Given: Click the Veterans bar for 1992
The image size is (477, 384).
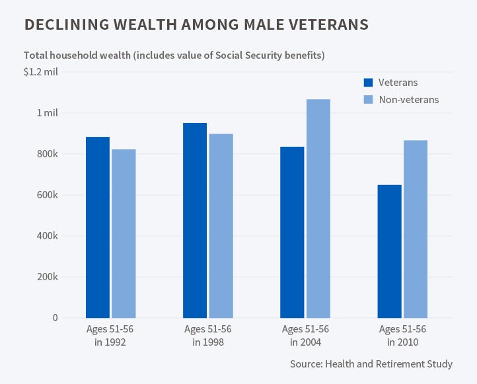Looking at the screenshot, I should [98, 227].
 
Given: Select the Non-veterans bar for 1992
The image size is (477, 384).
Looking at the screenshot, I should [124, 233].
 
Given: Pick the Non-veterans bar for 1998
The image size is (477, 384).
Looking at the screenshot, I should [221, 225].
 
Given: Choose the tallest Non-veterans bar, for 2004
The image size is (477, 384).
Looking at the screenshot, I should [318, 208].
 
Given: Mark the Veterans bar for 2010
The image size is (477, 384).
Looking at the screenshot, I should [389, 251].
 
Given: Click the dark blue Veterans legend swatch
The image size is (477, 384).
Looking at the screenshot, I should [368, 83].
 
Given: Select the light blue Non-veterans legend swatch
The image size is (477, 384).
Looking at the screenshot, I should [368, 100].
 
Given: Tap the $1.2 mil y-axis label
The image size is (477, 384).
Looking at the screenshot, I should [41, 72].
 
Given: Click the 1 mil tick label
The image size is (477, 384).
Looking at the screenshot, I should [47, 113].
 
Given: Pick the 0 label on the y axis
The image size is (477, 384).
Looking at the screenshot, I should [55, 318].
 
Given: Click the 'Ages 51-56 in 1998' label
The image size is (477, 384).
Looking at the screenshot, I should [207, 335].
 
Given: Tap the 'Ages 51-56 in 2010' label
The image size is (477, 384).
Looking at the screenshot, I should [402, 335].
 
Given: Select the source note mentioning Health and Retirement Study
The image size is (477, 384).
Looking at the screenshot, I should [371, 364].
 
